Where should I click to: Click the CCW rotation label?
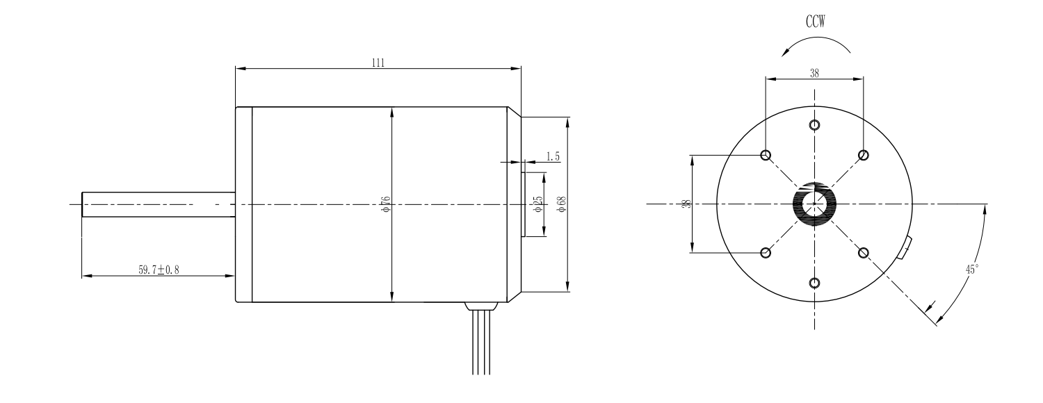click(816, 22)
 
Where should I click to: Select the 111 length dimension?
click(378, 63)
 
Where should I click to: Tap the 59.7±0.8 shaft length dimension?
click(159, 270)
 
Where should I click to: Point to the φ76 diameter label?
click(385, 204)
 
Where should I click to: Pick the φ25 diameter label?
click(538, 204)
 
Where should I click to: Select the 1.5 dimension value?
click(553, 156)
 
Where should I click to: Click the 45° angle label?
click(972, 269)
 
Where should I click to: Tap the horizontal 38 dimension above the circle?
click(814, 73)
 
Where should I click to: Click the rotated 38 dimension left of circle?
click(686, 204)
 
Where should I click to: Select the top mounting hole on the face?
click(814, 124)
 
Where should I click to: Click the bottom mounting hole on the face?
click(814, 283)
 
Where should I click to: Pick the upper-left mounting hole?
click(766, 155)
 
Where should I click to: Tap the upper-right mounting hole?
click(864, 155)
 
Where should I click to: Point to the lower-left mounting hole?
click(766, 253)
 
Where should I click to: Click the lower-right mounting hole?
click(864, 253)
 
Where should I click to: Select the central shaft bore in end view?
click(814, 204)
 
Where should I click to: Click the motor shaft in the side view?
click(159, 204)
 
